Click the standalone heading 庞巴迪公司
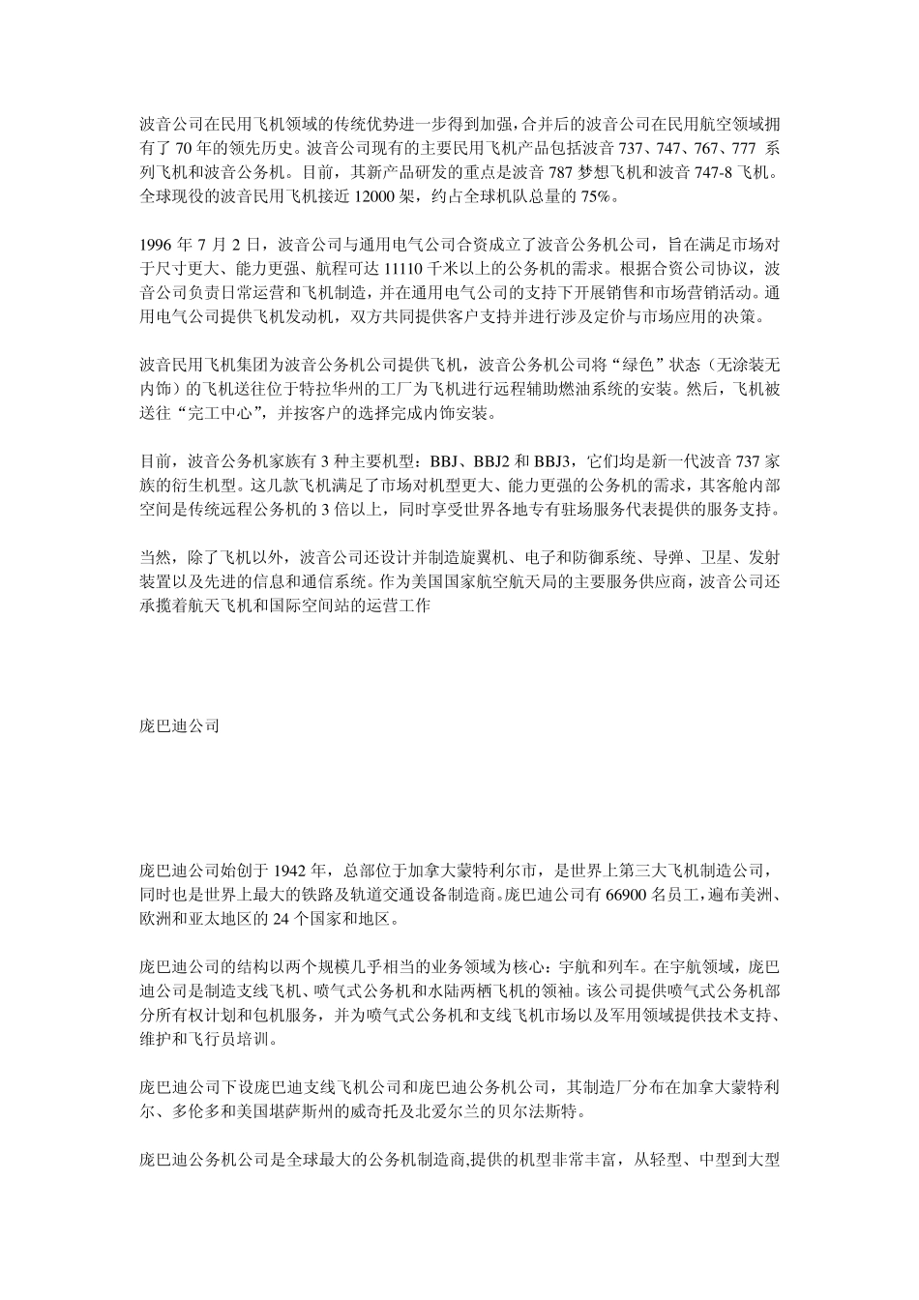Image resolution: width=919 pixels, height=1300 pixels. coord(179,724)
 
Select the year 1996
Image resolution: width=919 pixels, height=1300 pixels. coord(157,243)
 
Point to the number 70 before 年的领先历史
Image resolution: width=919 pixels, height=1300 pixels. coord(184,149)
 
